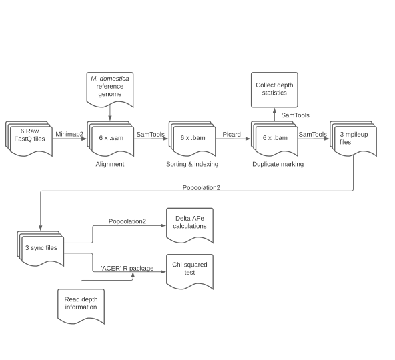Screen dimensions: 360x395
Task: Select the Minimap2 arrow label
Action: coord(69,134)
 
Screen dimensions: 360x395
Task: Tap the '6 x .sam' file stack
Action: coord(111,138)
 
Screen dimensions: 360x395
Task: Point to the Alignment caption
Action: coord(110,164)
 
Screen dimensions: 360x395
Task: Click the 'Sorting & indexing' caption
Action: coord(192,164)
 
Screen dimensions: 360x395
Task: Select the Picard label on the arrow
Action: coord(232,134)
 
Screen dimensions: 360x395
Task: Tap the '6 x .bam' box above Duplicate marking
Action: coord(273,138)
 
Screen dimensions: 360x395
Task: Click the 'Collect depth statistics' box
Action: coord(275,88)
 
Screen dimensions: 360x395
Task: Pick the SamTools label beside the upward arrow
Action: coord(295,115)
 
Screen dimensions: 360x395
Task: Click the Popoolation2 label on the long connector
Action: coord(201,187)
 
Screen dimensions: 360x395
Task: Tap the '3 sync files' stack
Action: coord(40,247)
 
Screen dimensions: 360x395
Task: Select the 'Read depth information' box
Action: coord(81,303)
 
